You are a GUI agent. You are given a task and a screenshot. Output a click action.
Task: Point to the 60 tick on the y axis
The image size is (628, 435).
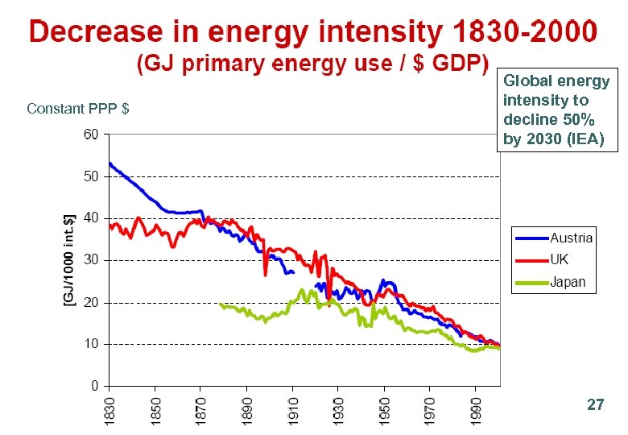[91, 134]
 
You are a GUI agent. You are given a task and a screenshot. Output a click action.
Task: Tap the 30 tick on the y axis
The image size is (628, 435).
[91, 260]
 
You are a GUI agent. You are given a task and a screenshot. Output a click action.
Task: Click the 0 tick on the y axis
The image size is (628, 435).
[94, 386]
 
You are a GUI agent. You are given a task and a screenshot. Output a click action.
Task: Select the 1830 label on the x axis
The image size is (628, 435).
[110, 407]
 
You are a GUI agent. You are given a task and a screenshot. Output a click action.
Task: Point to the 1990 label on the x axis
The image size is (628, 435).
[476, 407]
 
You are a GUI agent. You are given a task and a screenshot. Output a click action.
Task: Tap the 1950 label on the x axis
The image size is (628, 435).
[385, 407]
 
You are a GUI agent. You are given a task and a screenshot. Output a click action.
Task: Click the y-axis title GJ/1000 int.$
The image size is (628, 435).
[70, 259]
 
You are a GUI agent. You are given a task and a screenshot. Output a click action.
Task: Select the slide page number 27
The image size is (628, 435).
[595, 405]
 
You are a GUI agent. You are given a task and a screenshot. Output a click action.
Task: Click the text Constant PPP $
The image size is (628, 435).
[78, 109]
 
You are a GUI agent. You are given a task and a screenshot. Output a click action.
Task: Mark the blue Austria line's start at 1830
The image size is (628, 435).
[110, 164]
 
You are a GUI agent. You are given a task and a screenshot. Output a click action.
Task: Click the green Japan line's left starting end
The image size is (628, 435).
[221, 304]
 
